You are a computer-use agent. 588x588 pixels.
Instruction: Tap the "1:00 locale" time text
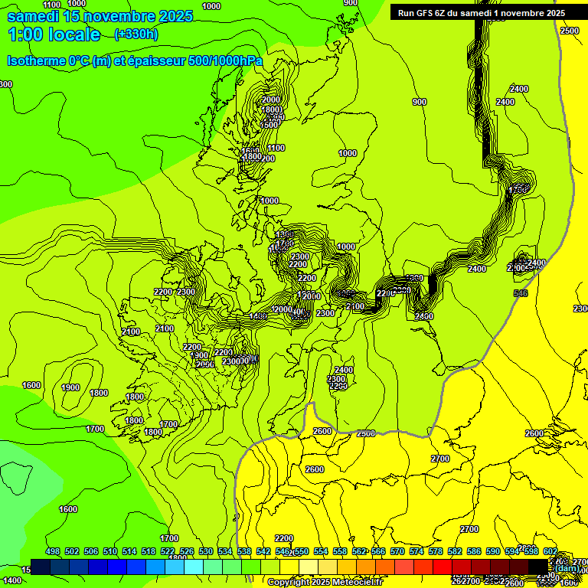[x=54, y=34]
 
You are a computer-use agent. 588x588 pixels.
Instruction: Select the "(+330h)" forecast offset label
[x=136, y=34]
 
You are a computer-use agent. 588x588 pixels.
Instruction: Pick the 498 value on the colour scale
[x=53, y=551]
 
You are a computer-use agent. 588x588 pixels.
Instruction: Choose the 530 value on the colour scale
[x=206, y=551]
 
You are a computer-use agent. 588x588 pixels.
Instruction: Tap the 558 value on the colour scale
[x=340, y=551]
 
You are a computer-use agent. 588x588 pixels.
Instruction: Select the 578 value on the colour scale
[x=436, y=551]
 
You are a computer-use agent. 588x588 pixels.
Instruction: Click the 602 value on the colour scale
[x=550, y=551]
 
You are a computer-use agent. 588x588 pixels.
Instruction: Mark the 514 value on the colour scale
[x=129, y=551]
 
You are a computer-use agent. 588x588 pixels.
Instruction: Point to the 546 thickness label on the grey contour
[x=521, y=293]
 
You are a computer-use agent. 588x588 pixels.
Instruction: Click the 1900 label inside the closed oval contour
[x=70, y=387]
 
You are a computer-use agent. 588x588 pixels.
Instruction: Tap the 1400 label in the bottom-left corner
[x=12, y=581]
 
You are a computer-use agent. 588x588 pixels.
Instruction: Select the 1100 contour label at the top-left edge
[x=52, y=5]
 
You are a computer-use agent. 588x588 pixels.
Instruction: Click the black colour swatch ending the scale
[x=538, y=567]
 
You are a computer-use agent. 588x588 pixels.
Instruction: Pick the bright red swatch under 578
[x=443, y=567]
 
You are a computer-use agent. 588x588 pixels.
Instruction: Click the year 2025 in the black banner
[x=550, y=13]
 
